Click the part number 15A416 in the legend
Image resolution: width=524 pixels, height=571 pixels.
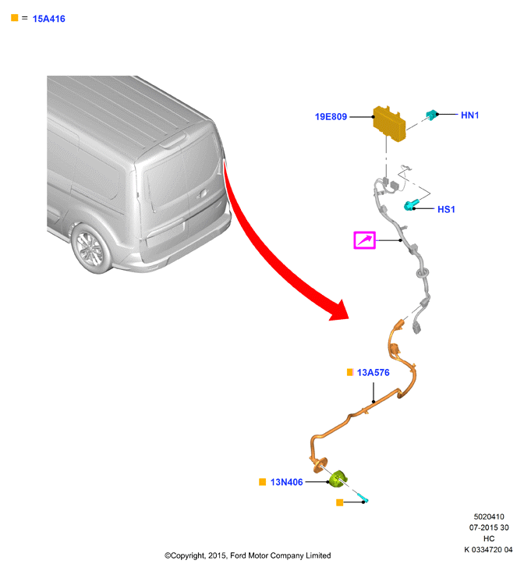(49, 19)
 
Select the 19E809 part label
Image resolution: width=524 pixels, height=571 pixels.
(331, 116)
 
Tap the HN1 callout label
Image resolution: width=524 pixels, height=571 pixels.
(469, 115)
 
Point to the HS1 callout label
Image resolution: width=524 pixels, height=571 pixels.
(446, 209)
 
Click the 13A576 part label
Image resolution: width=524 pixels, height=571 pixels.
(374, 373)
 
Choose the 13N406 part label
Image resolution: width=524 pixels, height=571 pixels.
(287, 482)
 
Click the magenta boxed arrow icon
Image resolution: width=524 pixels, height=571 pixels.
(364, 240)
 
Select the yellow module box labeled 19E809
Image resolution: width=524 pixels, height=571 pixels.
(389, 124)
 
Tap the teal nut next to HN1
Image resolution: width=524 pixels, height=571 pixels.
(431, 115)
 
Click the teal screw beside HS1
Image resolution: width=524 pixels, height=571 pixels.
(411, 205)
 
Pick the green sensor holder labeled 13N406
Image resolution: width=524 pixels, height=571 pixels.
(338, 479)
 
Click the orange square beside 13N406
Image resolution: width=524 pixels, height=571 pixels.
(262, 482)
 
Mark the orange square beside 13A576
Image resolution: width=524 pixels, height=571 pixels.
(350, 372)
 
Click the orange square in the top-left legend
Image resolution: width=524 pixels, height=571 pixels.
(15, 18)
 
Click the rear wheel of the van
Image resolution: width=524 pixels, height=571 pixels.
(90, 248)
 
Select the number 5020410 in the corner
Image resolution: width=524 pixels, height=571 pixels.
(489, 516)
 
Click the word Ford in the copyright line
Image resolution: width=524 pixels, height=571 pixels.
(237, 555)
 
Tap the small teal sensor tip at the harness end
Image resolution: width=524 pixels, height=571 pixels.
(363, 498)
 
